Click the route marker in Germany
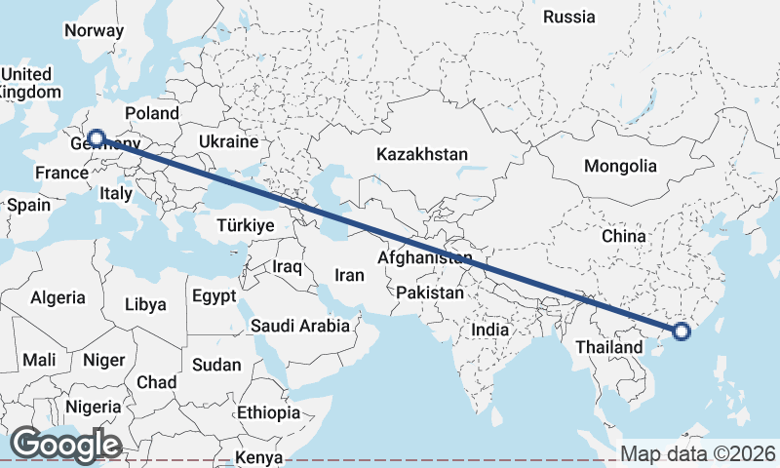(96, 138)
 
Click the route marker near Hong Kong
(682, 332)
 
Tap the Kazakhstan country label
(422, 154)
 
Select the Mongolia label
(620, 166)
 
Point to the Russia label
(568, 17)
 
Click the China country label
(624, 236)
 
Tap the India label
(489, 330)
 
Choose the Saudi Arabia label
(299, 326)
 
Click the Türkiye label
(245, 225)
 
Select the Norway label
(94, 30)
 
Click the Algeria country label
(58, 298)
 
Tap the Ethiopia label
(268, 412)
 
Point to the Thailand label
(608, 346)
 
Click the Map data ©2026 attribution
(698, 454)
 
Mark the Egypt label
(214, 295)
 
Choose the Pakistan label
(431, 292)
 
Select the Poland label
(152, 113)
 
